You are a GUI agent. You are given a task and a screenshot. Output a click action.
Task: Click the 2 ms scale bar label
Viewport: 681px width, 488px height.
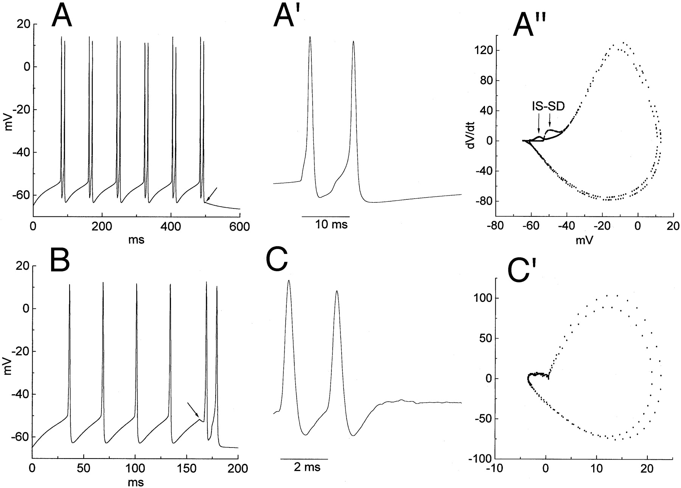click(307, 468)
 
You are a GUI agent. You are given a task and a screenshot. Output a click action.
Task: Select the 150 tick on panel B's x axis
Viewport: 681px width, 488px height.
click(186, 469)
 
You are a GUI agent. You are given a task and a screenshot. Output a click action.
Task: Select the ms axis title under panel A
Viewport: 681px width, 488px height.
click(137, 240)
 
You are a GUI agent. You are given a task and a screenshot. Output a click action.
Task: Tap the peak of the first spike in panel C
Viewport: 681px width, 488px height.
click(289, 281)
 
